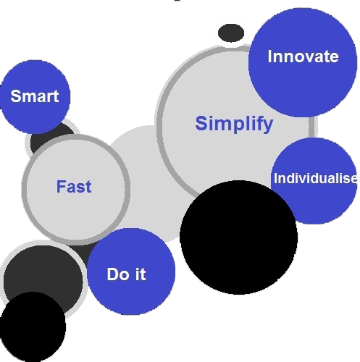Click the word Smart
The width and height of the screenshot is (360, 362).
point(35,96)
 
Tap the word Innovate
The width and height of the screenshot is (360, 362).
point(303,56)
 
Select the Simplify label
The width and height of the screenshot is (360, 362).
point(234,124)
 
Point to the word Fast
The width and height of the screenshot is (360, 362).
point(74,187)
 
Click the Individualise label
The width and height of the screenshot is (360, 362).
point(316,178)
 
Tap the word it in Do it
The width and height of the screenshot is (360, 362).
point(141,274)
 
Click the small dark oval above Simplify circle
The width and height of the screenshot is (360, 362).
point(231,33)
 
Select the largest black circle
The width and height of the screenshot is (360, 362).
point(238,237)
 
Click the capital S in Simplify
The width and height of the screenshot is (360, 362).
point(201,123)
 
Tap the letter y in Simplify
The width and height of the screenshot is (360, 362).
point(268,126)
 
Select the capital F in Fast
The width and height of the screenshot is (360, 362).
point(61,186)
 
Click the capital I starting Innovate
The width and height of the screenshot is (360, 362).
point(270,56)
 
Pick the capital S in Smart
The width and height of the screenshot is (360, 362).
point(16,96)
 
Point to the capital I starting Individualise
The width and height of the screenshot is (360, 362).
point(275,178)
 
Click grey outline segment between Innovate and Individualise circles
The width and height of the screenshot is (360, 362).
point(311,127)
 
